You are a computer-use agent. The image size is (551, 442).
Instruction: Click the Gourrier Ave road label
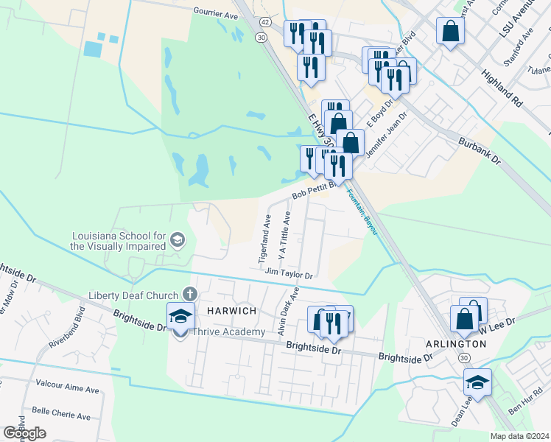pos(216,13)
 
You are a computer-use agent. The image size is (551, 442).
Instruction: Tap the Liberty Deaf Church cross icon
pos(189,295)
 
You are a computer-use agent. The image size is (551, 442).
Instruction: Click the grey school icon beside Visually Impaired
pos(177,239)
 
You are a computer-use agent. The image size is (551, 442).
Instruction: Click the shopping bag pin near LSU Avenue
pos(449,32)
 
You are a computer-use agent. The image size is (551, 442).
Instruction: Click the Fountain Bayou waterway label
pos(362,213)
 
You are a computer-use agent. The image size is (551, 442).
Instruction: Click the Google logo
pos(24,433)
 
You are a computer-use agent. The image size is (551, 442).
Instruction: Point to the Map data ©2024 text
pos(519,436)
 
